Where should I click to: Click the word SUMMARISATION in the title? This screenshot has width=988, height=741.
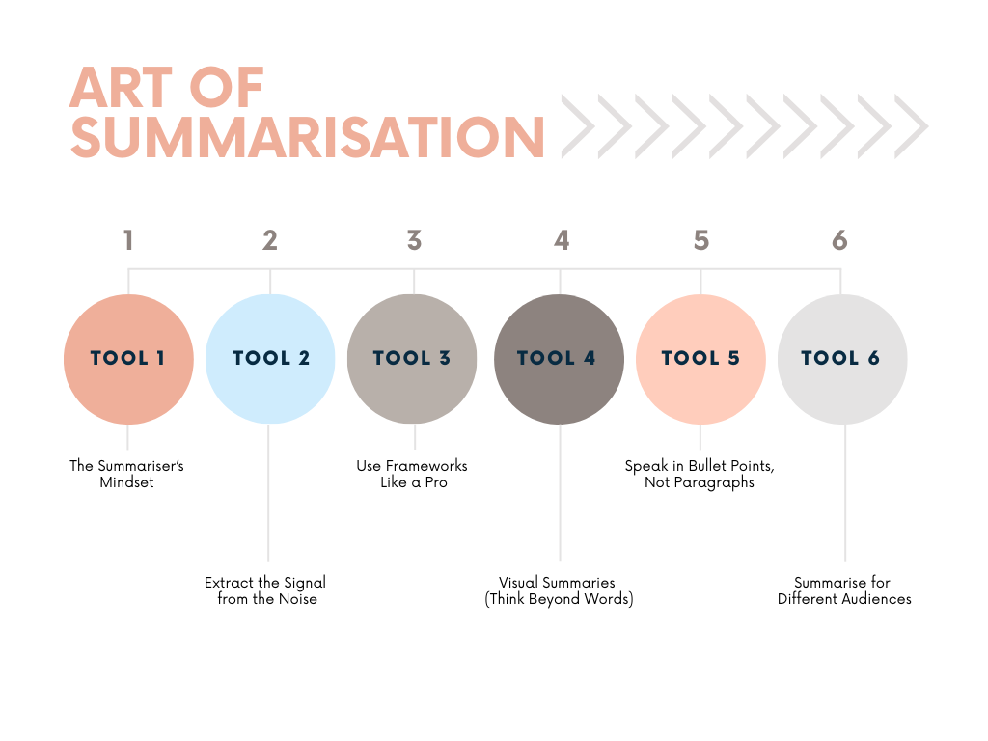tap(308, 137)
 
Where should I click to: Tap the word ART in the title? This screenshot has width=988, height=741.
tap(122, 88)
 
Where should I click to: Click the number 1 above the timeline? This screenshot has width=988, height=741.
tap(128, 240)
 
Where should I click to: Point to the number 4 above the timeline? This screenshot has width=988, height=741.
tap(562, 240)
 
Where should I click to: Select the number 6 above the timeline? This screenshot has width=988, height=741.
tap(839, 240)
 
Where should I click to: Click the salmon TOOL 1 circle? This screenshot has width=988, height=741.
tap(128, 359)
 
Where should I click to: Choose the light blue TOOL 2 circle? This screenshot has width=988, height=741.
tap(270, 359)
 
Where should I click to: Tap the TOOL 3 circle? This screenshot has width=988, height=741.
tap(412, 359)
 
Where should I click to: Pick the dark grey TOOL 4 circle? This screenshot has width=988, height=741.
tap(559, 359)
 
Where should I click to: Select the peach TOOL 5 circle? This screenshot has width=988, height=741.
tap(700, 359)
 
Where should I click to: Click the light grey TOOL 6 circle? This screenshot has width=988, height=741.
tap(842, 359)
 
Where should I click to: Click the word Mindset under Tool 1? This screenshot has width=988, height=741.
tap(126, 482)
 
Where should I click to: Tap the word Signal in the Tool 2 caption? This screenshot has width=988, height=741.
tap(305, 584)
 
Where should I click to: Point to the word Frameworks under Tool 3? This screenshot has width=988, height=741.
tap(426, 466)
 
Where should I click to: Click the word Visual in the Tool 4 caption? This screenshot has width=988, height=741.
tap(518, 582)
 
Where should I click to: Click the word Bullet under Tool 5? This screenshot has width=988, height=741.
tap(708, 466)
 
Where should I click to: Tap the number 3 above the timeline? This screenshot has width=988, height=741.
tap(414, 240)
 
